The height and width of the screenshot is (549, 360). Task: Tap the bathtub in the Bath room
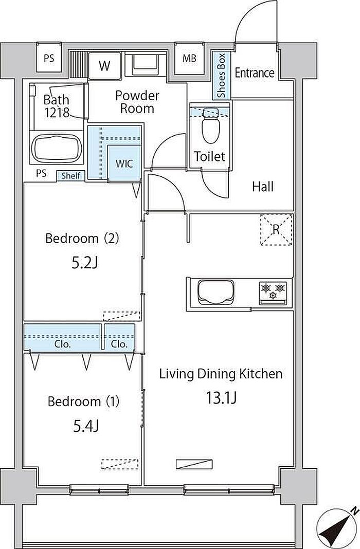point(57,149)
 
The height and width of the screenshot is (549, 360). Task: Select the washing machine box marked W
point(104,65)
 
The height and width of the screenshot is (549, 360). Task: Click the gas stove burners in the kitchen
point(273,291)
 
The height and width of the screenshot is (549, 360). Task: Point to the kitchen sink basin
point(215,292)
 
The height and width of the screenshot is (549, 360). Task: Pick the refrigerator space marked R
point(276,230)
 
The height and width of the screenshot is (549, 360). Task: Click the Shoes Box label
point(221,75)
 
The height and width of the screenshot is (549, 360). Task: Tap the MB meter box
point(189,59)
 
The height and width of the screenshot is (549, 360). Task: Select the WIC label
point(124,163)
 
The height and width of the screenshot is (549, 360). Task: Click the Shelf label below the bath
point(71,175)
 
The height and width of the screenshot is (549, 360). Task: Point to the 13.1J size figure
point(221,398)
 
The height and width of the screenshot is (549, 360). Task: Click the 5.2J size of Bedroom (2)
point(84,263)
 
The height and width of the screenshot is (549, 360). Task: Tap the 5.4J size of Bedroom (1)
point(86,426)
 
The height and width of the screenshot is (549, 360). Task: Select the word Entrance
point(255,73)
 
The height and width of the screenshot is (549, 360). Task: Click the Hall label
point(263,187)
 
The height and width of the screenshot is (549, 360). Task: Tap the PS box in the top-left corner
point(49,58)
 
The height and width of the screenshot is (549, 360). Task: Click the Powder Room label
point(137,102)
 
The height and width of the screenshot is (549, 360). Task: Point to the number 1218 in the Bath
point(58,113)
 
